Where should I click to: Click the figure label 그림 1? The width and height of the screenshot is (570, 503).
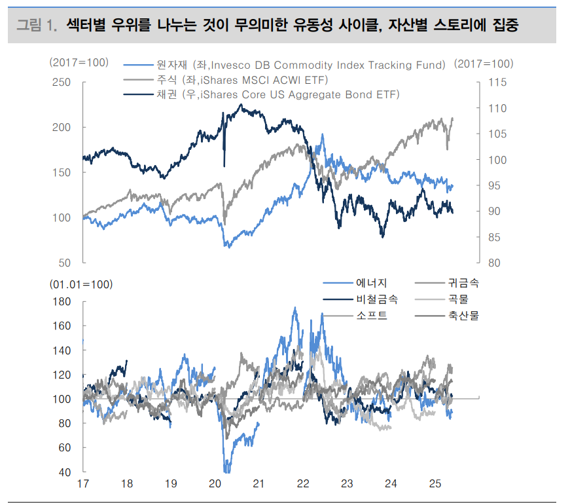[x=37, y=26]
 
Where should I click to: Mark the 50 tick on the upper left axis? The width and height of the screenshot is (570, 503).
[x=64, y=263]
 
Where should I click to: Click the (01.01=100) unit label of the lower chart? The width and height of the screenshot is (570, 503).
[x=81, y=285]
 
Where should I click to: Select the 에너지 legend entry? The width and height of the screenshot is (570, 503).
[x=372, y=284]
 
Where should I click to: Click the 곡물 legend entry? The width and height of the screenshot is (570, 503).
[x=459, y=299]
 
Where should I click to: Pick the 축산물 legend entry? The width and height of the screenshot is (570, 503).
[x=464, y=316]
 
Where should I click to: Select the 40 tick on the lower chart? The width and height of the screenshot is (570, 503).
[x=64, y=472]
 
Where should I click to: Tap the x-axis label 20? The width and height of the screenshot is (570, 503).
[x=215, y=485]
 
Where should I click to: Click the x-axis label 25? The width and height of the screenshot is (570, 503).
[x=435, y=485]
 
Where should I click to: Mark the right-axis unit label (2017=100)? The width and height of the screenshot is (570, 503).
[x=484, y=64]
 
